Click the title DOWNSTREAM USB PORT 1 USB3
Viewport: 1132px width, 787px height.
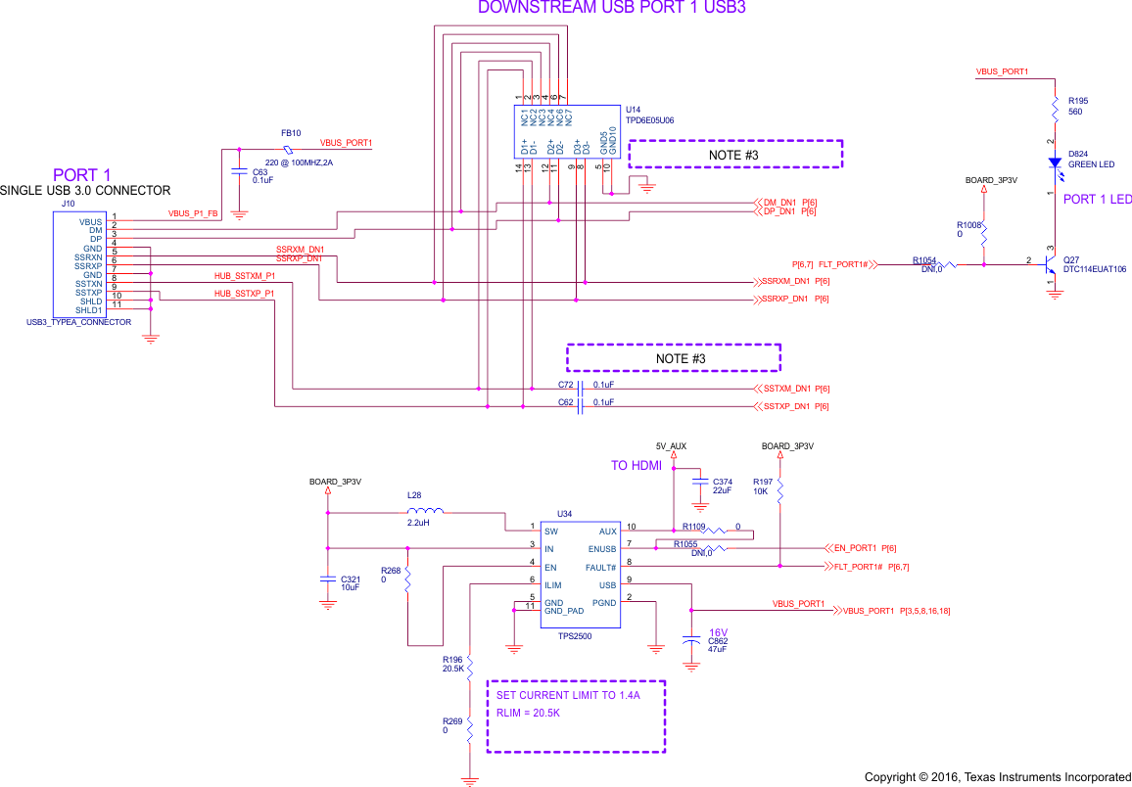tap(611, 8)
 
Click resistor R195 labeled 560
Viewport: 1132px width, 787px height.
tap(1054, 106)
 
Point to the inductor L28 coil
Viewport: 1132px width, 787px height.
tap(425, 511)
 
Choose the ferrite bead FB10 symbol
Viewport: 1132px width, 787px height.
tap(287, 150)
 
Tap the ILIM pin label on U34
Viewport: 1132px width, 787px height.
tap(553, 585)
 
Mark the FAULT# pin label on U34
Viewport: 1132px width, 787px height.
tap(601, 568)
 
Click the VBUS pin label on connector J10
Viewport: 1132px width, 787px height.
tap(91, 222)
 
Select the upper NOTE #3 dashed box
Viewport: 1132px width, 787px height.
tap(734, 155)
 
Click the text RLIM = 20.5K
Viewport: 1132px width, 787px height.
tap(529, 713)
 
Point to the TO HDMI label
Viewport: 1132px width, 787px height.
tap(637, 466)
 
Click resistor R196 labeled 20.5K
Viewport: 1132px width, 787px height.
tap(470, 667)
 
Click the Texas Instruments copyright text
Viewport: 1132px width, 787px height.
tap(997, 777)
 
